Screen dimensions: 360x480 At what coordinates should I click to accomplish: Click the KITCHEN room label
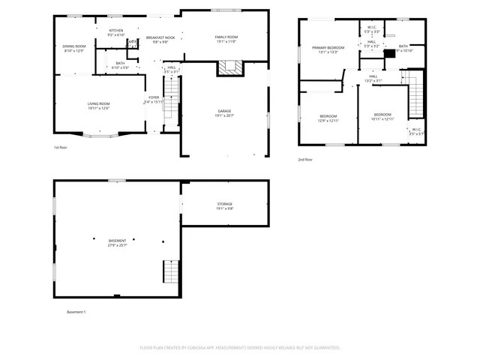115,32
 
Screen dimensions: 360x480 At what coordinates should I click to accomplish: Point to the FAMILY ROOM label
226,38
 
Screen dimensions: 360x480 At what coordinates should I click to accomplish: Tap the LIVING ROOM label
100,106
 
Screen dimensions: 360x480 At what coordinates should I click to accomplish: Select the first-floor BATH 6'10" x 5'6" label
120,65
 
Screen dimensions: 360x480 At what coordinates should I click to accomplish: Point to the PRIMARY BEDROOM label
328,49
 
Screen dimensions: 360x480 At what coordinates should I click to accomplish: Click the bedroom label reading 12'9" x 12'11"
328,118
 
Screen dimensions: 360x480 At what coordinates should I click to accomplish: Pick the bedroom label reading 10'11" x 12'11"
382,116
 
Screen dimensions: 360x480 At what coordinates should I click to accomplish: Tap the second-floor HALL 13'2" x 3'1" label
373,78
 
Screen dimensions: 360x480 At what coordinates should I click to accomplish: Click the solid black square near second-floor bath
388,53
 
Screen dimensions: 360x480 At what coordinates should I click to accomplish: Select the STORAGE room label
225,205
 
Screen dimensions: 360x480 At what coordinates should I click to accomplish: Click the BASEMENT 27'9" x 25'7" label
117,242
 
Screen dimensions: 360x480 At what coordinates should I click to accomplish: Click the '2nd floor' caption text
305,160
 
